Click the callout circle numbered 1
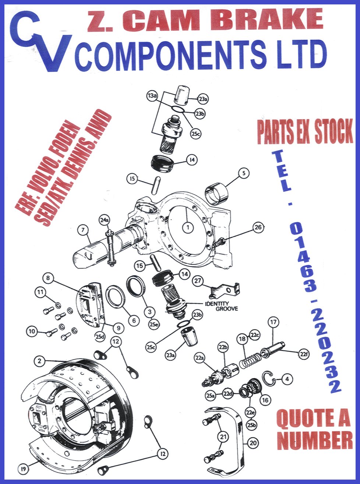(x=188, y=227)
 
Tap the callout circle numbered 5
(x=244, y=173)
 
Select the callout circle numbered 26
(x=258, y=227)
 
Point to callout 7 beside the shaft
(x=83, y=230)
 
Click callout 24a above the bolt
(x=104, y=220)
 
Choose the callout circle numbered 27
(x=197, y=280)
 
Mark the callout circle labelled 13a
(x=152, y=96)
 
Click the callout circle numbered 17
(x=273, y=322)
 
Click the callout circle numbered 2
(x=39, y=361)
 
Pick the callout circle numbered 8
(x=48, y=278)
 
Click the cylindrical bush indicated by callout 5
(x=216, y=194)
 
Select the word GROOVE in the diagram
(x=227, y=309)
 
